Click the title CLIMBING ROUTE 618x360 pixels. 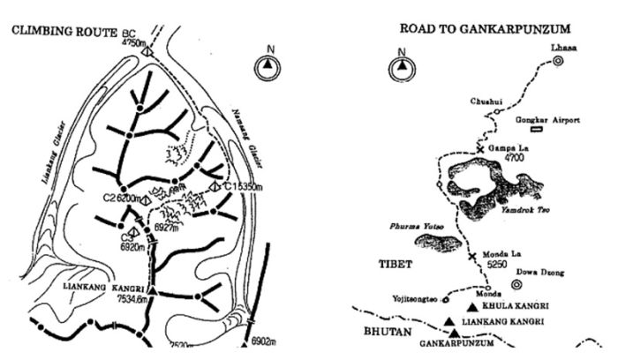pos(64,33)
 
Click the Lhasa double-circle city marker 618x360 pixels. pos(558,61)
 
